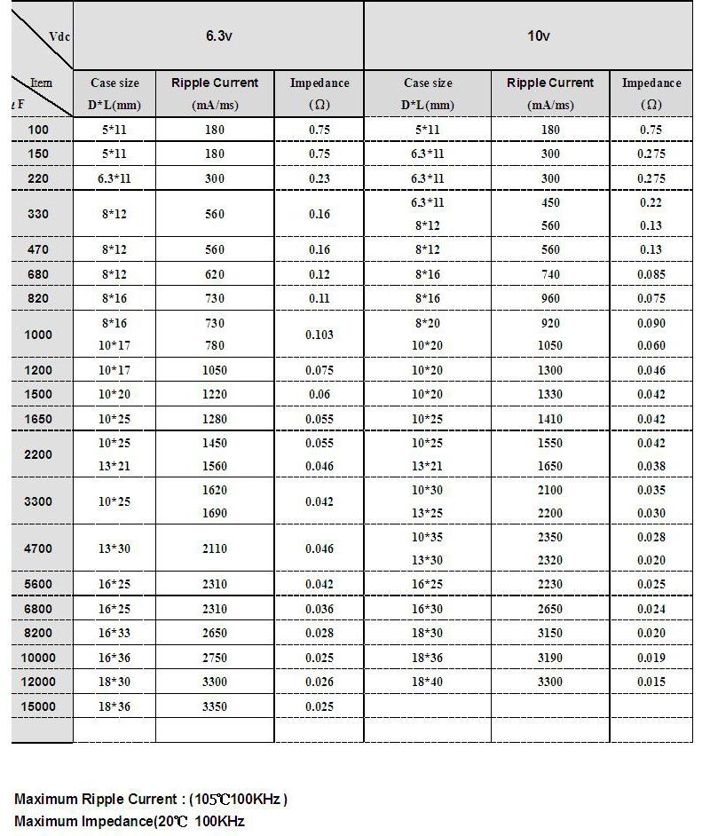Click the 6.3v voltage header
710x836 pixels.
click(218, 36)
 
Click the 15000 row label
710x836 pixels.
click(38, 706)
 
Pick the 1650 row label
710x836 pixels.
click(38, 418)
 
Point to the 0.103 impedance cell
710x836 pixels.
click(319, 335)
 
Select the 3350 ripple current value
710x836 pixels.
click(214, 706)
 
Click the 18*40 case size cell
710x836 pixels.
click(428, 682)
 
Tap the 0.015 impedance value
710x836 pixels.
click(651, 682)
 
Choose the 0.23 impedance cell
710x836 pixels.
click(319, 177)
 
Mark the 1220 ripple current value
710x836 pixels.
click(214, 394)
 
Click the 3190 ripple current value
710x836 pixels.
click(550, 658)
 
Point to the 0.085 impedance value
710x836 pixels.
click(651, 275)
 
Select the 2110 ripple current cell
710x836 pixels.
click(214, 548)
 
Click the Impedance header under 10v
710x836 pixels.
click(651, 83)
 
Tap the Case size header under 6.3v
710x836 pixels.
click(114, 83)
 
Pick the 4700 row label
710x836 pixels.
click(38, 548)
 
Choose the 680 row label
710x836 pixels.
click(38, 275)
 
